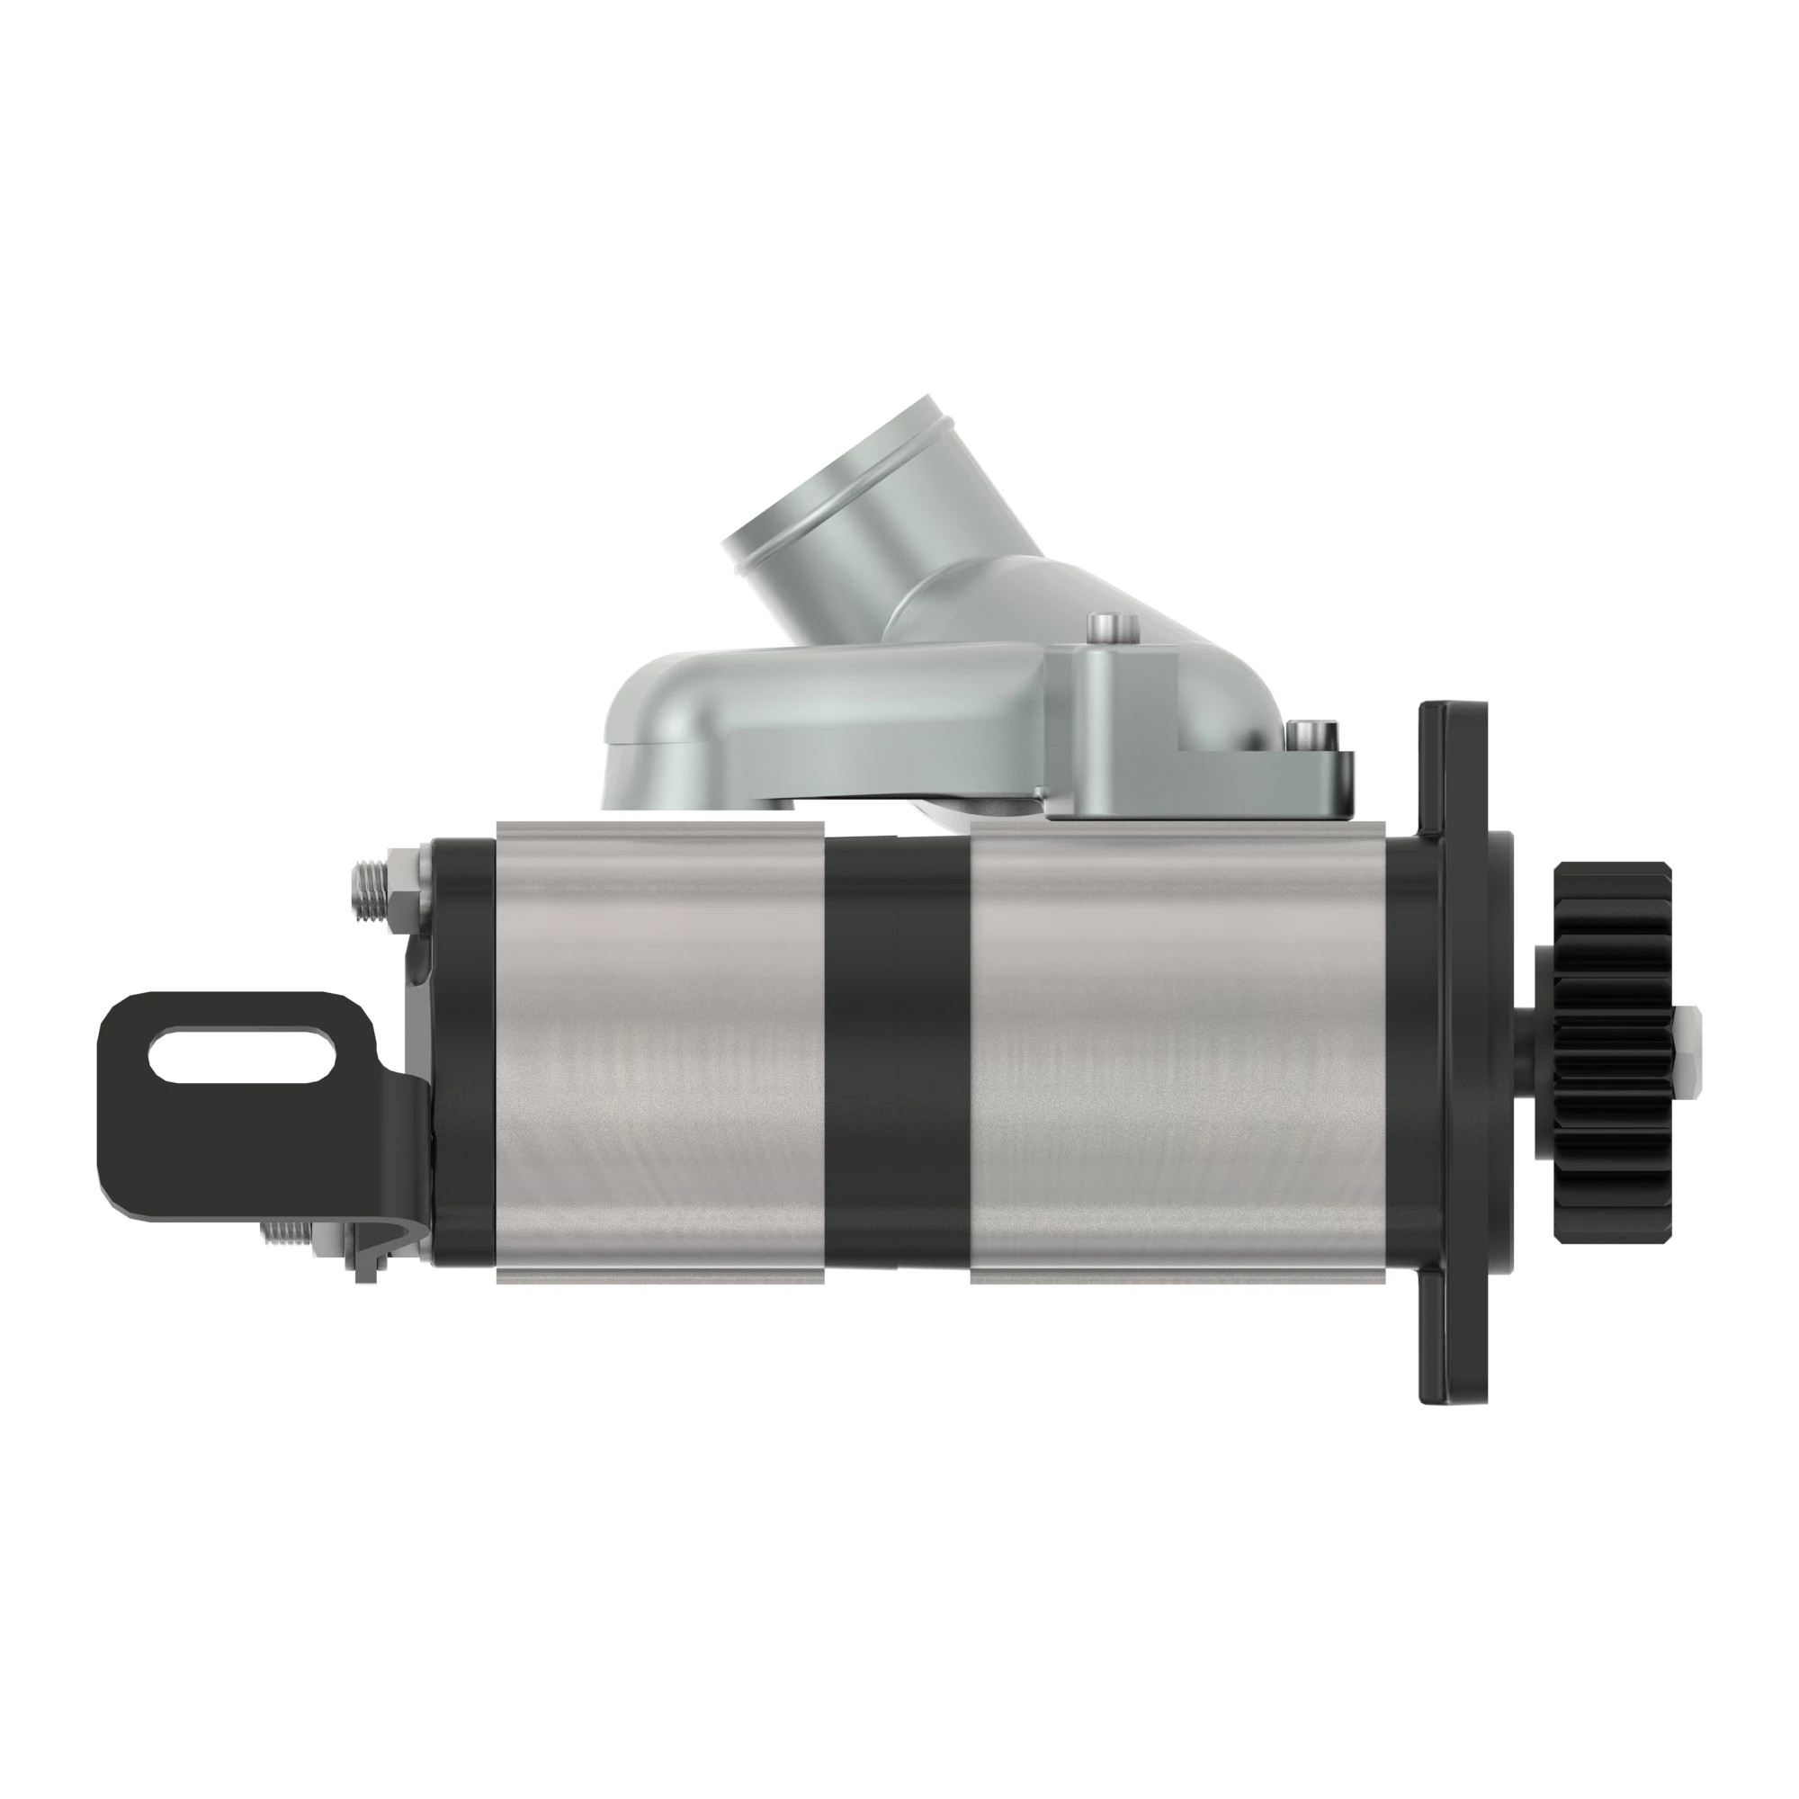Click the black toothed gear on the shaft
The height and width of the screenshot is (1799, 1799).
(x=1612, y=1052)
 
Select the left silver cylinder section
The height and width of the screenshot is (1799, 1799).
(x=661, y=1052)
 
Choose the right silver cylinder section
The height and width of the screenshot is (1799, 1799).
(x=1178, y=1052)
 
